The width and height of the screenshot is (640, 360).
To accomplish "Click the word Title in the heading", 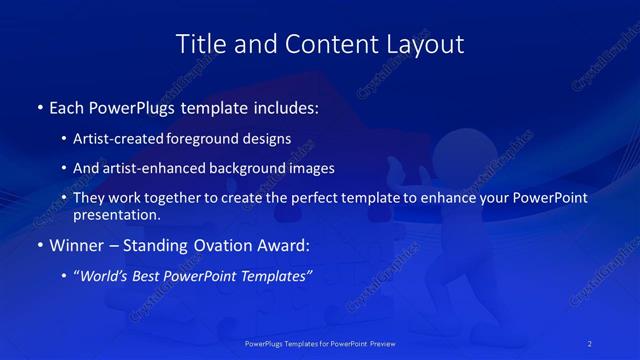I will [198, 44].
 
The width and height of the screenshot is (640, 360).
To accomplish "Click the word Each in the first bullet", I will [68, 106].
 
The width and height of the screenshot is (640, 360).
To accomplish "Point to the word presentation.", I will [116, 214].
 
